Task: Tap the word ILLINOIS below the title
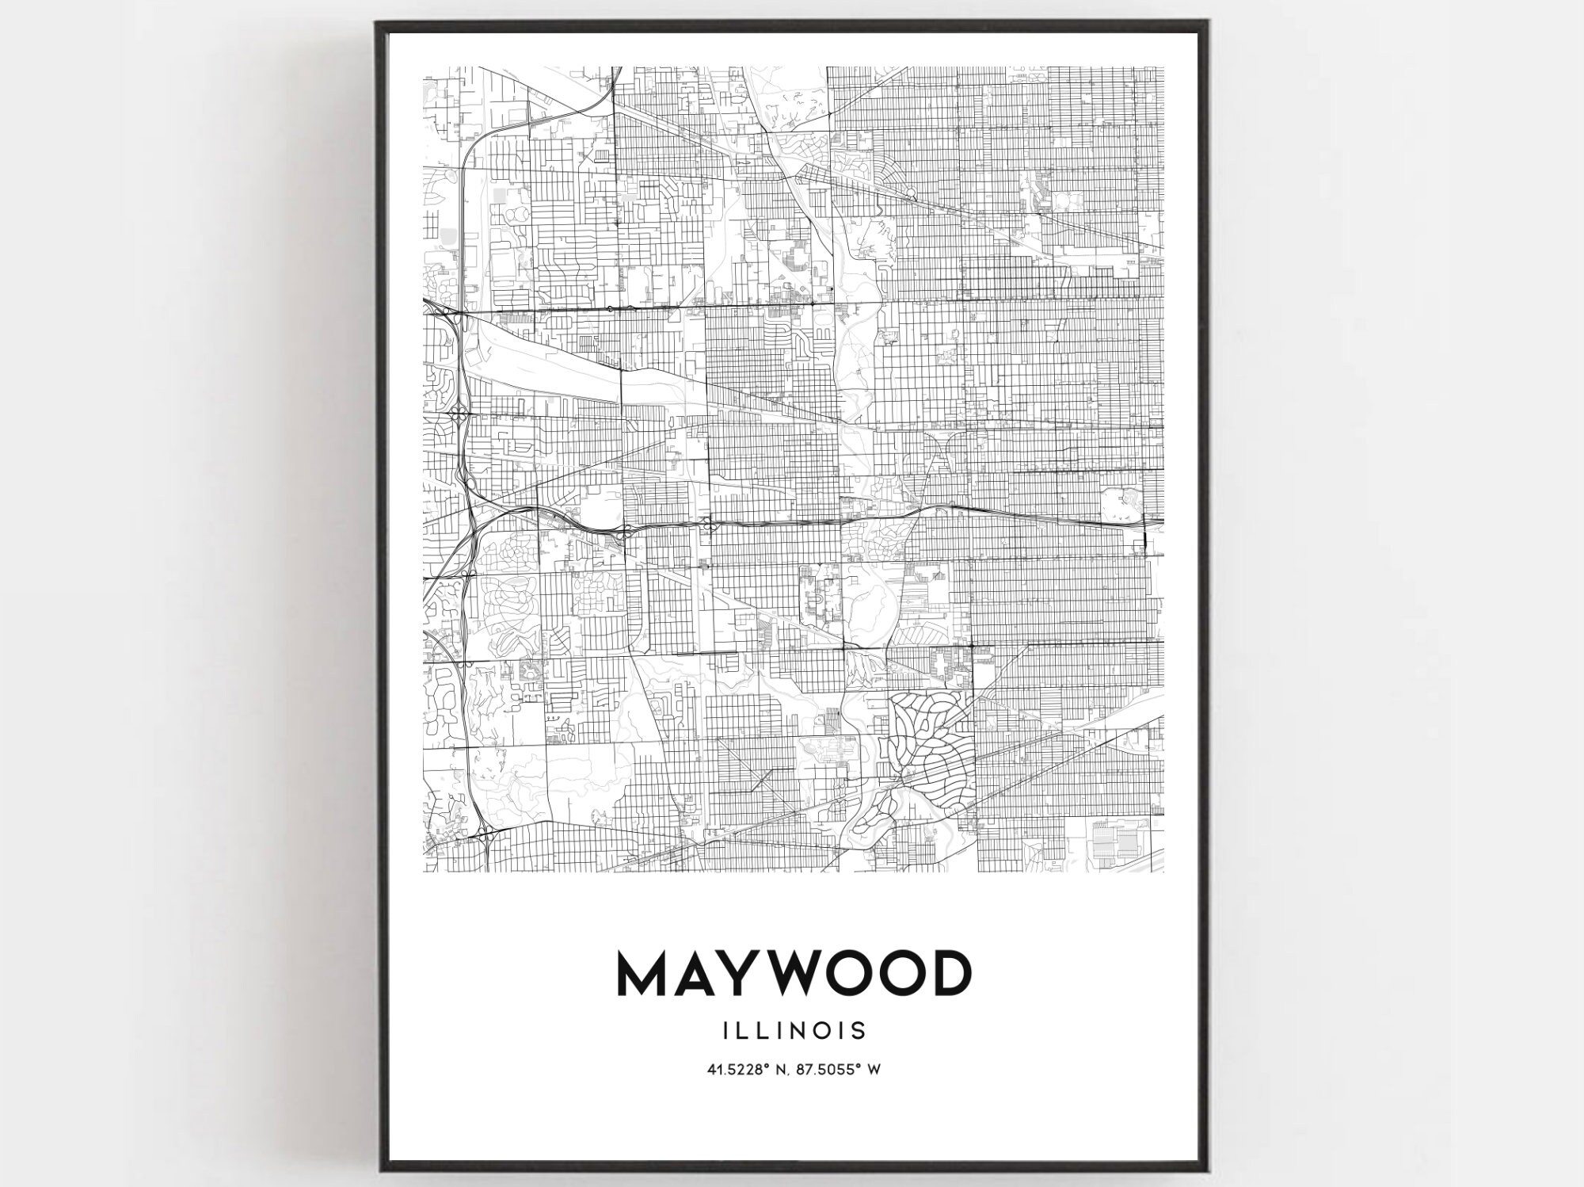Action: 793,1031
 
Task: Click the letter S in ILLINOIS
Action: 859,1031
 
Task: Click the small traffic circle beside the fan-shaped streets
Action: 912,193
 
